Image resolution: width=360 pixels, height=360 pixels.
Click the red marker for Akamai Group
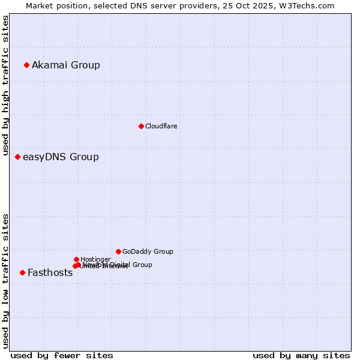tap(26, 65)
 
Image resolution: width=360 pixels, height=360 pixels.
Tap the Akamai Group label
tap(66, 65)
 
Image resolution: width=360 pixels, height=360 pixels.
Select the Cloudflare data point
tap(141, 126)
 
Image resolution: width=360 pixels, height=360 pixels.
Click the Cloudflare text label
tap(161, 126)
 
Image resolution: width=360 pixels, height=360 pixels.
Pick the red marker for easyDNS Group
tap(17, 157)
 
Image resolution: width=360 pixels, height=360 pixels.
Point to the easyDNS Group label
tap(61, 157)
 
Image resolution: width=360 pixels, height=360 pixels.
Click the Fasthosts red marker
tap(22, 272)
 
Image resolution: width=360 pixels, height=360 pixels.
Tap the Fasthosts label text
tap(50, 273)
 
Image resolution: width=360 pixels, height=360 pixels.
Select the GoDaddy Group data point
tap(118, 251)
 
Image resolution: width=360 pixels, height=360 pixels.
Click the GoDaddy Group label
tap(148, 251)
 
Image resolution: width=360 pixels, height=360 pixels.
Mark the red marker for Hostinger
tap(76, 259)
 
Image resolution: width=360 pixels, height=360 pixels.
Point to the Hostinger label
tap(95, 259)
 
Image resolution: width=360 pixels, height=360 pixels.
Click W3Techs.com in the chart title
tap(310, 5)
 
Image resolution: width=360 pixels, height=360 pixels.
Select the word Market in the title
tap(40, 5)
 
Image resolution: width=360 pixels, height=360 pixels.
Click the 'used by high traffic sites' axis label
tap(5, 86)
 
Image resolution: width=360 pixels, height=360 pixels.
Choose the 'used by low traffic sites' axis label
tap(5, 281)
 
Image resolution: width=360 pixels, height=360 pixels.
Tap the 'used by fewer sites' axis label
tap(62, 355)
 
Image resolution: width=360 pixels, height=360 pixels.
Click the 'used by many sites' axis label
tap(301, 355)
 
